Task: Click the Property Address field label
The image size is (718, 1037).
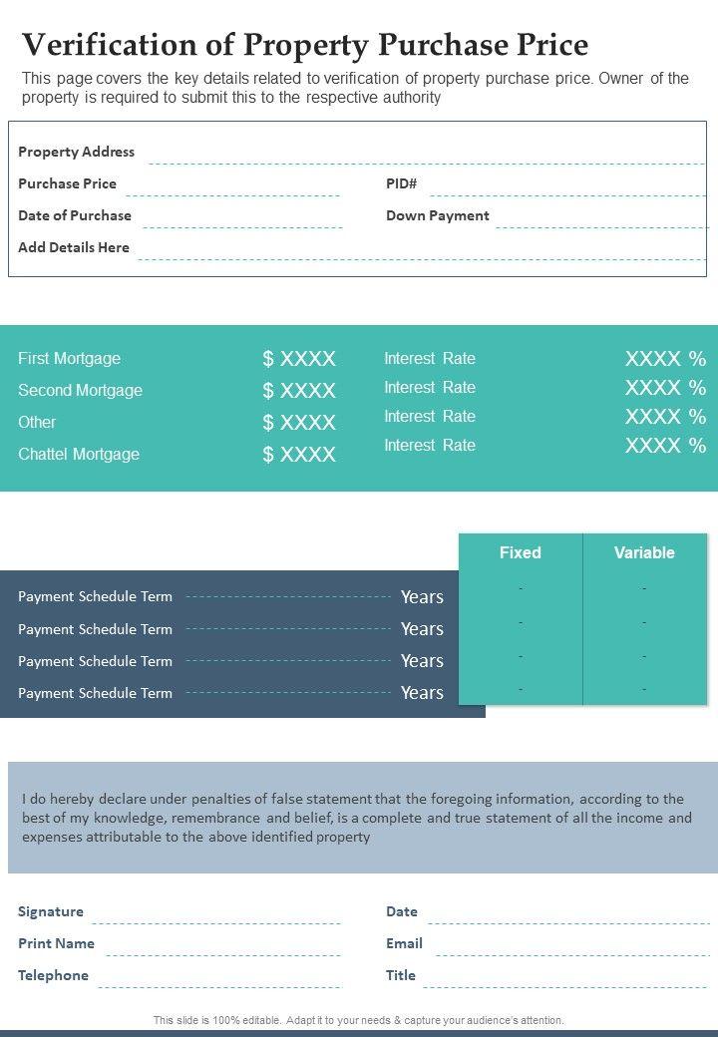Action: pyautogui.click(x=76, y=152)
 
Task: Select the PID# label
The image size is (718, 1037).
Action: pyautogui.click(x=401, y=183)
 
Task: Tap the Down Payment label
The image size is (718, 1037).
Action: pyautogui.click(x=437, y=215)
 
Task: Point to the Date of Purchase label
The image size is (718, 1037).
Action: pyautogui.click(x=74, y=215)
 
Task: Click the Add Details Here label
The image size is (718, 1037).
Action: pyautogui.click(x=73, y=247)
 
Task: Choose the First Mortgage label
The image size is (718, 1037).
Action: pyautogui.click(x=69, y=359)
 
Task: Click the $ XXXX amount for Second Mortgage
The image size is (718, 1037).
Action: pyautogui.click(x=299, y=391)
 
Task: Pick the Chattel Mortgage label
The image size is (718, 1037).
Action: pyautogui.click(x=79, y=455)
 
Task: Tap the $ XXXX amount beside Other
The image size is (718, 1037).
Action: pyautogui.click(x=299, y=423)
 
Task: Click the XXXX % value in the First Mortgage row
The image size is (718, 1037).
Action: pyautogui.click(x=665, y=359)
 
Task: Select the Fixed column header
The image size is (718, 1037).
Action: pyautogui.click(x=520, y=552)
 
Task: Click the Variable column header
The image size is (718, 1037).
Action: pyautogui.click(x=644, y=552)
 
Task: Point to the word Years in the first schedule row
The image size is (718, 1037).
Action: pyautogui.click(x=422, y=597)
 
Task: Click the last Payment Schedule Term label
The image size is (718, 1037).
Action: pyautogui.click(x=95, y=693)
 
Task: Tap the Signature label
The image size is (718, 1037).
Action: pyautogui.click(x=50, y=911)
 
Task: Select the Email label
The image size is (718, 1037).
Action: pyautogui.click(x=404, y=943)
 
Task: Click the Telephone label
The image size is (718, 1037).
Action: pyautogui.click(x=53, y=975)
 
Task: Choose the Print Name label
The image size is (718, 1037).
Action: pyautogui.click(x=56, y=943)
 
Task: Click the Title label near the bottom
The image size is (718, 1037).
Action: pyautogui.click(x=401, y=975)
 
